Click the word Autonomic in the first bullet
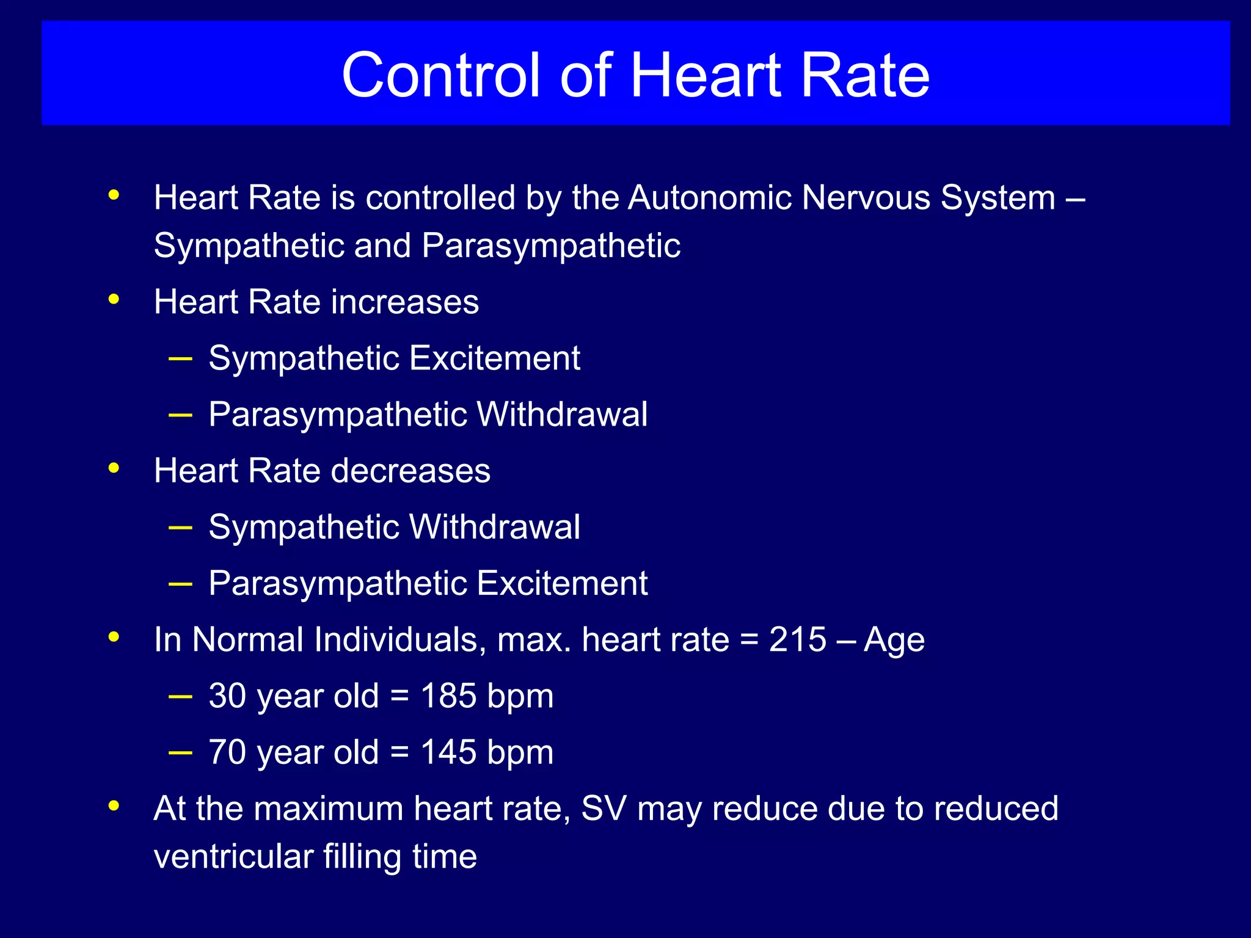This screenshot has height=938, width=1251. click(x=709, y=198)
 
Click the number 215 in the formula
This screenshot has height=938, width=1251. click(x=797, y=640)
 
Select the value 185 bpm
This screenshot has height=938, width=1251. click(x=487, y=696)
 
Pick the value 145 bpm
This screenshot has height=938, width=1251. click(x=487, y=752)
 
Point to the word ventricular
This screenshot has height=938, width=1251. click(x=233, y=856)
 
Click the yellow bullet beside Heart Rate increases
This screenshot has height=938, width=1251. click(x=114, y=300)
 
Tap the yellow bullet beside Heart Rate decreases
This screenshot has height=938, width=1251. click(x=114, y=468)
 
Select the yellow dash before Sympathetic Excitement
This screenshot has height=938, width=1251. click(x=180, y=358)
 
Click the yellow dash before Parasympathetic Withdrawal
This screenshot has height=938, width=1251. click(x=180, y=415)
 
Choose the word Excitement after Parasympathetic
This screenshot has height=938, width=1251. click(x=562, y=583)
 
